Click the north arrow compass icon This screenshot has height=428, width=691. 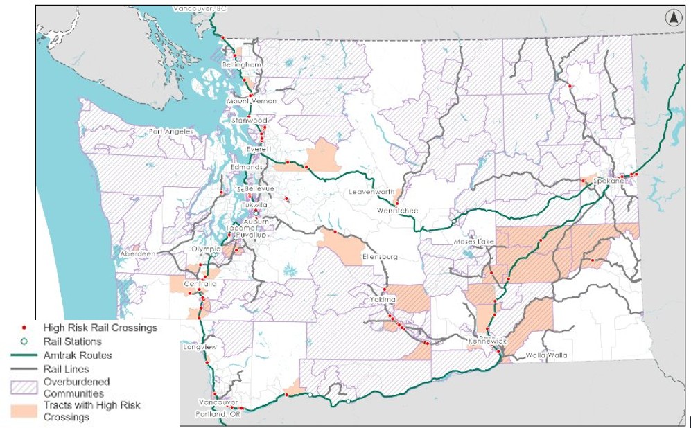[x=673, y=19]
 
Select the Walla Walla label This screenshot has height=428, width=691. [x=548, y=355]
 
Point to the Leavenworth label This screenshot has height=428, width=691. [x=371, y=192]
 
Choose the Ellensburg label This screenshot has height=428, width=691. [x=380, y=257]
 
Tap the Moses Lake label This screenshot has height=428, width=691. [x=473, y=242]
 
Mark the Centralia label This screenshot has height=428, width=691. [x=200, y=285]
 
